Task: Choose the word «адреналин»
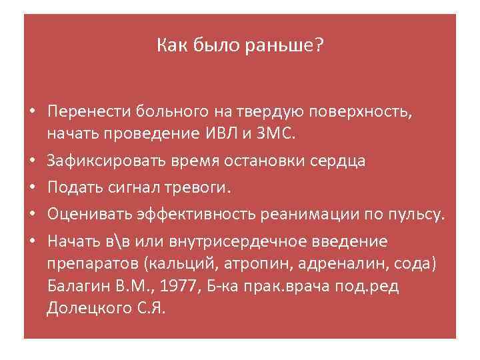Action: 325,265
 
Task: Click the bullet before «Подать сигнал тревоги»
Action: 31,189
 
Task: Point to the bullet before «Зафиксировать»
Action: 31,161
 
